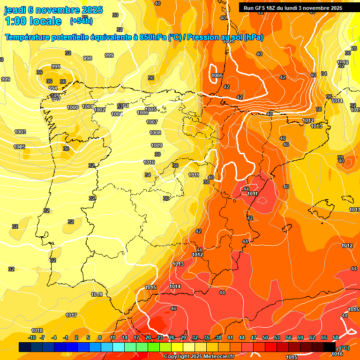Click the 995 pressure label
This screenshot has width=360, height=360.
click(x=56, y=67)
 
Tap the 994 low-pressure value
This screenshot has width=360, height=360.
click(x=53, y=88)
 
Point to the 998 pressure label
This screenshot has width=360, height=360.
click(x=88, y=58)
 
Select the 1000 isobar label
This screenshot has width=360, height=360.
click(x=73, y=107)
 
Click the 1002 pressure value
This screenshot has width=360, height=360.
click(x=99, y=110)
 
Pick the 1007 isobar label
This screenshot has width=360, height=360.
click(x=152, y=122)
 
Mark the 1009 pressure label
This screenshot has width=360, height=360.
click(x=157, y=145)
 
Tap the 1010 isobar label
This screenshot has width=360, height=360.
click(x=149, y=162)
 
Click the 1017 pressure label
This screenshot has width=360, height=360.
click(x=71, y=315)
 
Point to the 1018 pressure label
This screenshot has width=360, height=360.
click(x=37, y=330)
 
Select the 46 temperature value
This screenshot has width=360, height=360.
click(x=173, y=308)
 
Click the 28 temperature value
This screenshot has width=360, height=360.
click(x=354, y=48)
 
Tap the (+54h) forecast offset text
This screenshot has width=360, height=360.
click(x=81, y=21)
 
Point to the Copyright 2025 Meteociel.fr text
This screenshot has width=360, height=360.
click(x=199, y=356)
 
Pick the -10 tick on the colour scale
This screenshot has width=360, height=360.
click(x=32, y=337)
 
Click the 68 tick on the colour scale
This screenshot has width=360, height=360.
click(x=336, y=337)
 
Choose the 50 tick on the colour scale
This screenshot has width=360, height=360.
click(x=265, y=337)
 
